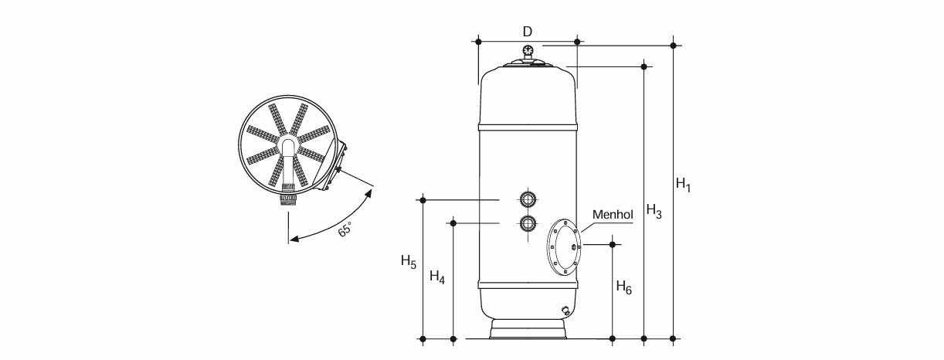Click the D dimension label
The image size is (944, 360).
pyautogui.click(x=527, y=31)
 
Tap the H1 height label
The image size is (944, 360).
pyautogui.click(x=683, y=184)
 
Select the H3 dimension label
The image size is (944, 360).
pyautogui.click(x=654, y=210)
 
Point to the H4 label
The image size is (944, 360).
pyautogui.click(x=437, y=277)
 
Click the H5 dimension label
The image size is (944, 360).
pyautogui.click(x=409, y=261)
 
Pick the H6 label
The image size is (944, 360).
pyautogui.click(x=623, y=287)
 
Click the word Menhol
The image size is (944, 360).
pyautogui.click(x=613, y=215)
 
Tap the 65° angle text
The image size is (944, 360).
pyautogui.click(x=345, y=229)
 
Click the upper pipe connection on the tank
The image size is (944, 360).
pyautogui.click(x=528, y=199)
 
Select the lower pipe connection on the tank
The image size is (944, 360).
pyautogui.click(x=528, y=223)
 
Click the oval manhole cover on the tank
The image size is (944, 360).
pyautogui.click(x=564, y=247)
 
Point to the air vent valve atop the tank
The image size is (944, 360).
pyautogui.click(x=528, y=51)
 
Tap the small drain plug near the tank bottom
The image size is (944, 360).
pyautogui.click(x=565, y=311)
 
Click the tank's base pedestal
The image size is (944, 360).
pyautogui.click(x=528, y=329)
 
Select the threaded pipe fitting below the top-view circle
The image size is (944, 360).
pyautogui.click(x=288, y=198)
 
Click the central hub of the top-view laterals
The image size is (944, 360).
pyautogui.click(x=288, y=145)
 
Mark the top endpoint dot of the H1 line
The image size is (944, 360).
pyautogui.click(x=673, y=45)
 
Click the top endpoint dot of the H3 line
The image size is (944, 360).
pyautogui.click(x=644, y=66)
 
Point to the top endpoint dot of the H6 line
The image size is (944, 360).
pyautogui.click(x=613, y=244)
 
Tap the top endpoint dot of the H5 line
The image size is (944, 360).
pyautogui.click(x=423, y=200)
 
